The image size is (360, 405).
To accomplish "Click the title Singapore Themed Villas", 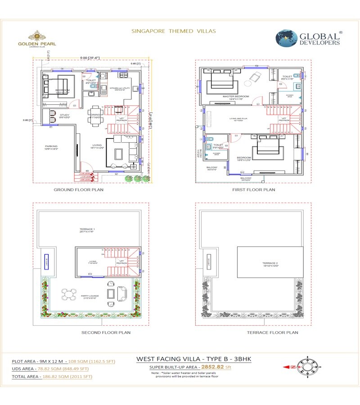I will pos(173,31).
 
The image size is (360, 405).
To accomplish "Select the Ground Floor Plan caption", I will pos(78,190).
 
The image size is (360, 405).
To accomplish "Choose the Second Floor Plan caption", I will pos(106,333).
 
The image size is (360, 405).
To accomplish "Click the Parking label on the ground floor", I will pos(51,147).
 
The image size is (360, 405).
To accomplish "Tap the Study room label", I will pos(64,116).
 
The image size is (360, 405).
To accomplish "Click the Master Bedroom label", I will pos(235,96).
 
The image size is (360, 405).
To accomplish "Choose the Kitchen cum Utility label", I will pos(119,88).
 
